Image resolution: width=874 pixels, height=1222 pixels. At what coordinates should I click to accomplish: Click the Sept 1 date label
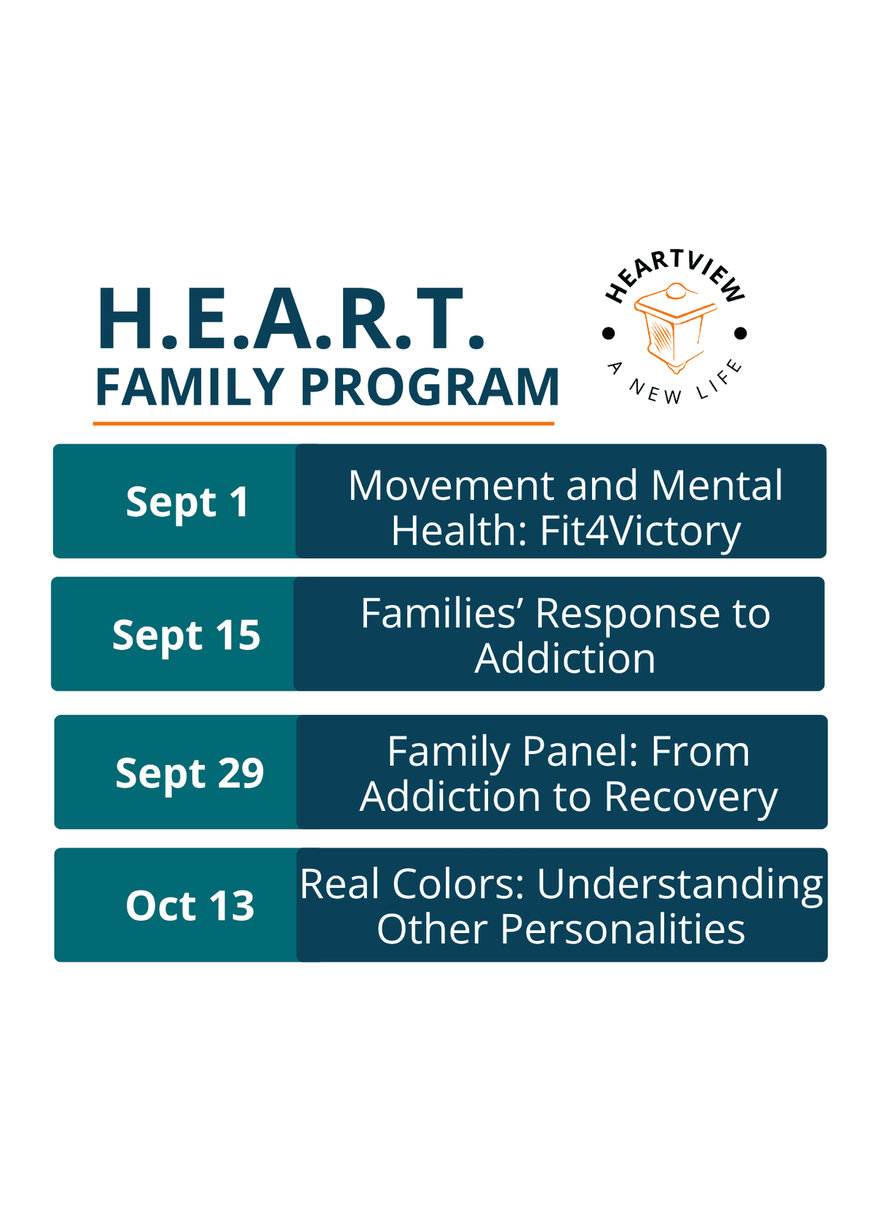186,502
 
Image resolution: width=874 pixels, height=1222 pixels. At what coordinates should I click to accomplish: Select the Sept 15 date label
186,635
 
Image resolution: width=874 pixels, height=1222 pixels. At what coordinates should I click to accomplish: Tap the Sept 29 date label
189,774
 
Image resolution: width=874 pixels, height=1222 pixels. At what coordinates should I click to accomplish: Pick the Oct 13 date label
190,906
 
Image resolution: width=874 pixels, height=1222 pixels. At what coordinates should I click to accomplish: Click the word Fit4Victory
639,531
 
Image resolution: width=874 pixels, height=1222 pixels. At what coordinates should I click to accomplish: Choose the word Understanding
679,886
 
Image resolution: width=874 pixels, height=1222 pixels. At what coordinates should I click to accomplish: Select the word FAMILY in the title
189,386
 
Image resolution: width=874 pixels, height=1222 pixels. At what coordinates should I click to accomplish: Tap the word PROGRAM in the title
430,386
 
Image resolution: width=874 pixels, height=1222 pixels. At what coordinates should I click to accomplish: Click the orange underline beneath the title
323,424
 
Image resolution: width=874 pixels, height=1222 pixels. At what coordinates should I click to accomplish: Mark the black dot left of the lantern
608,333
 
